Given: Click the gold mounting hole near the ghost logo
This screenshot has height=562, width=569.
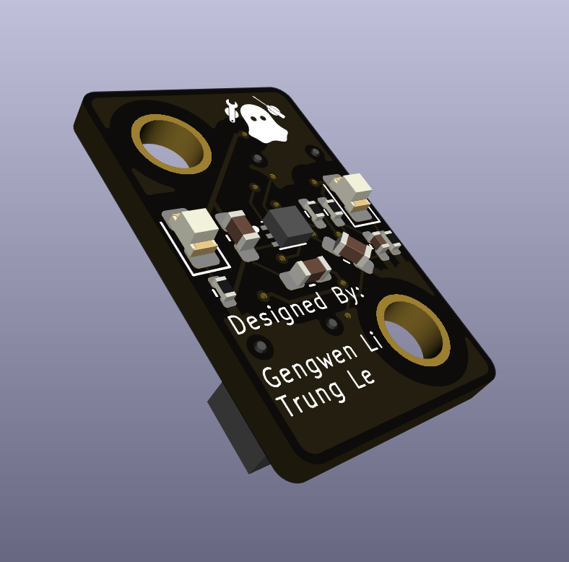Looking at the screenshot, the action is (x=171, y=144).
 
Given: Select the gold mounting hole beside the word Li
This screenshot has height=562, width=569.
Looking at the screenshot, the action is (x=413, y=329).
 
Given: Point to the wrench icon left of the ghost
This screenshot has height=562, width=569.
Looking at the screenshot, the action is (x=231, y=110).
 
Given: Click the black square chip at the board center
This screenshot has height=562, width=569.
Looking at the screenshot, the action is (x=288, y=225).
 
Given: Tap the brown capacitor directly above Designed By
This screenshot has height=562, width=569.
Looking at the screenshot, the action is (x=305, y=273).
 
